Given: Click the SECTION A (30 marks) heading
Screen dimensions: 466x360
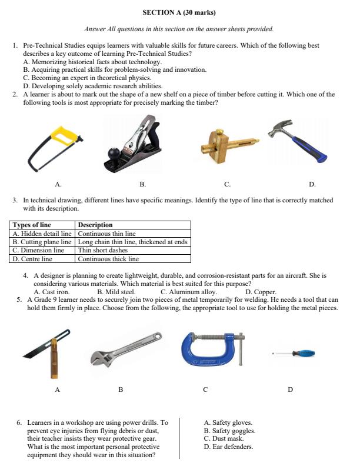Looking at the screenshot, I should (x=179, y=12).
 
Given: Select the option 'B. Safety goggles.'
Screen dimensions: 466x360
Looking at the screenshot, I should (x=229, y=431).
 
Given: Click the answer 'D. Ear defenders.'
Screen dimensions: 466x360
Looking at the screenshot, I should (x=228, y=447).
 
